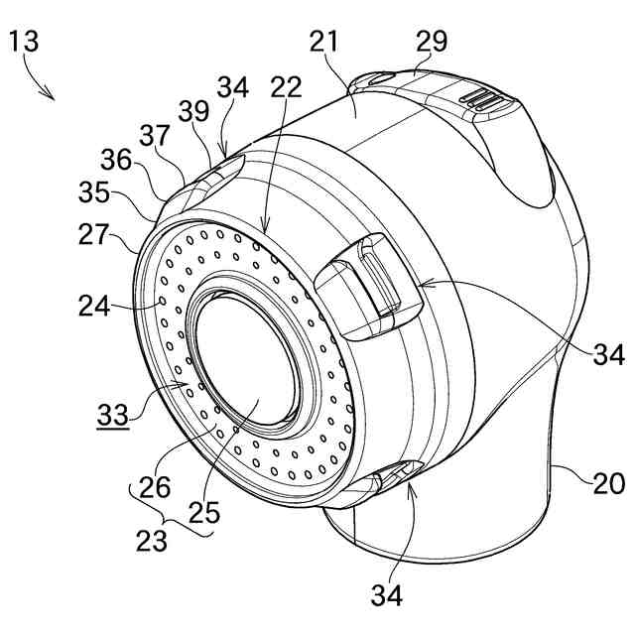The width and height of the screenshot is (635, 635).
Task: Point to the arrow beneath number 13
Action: point(43,86)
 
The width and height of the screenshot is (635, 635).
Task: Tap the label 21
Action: point(324,42)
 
